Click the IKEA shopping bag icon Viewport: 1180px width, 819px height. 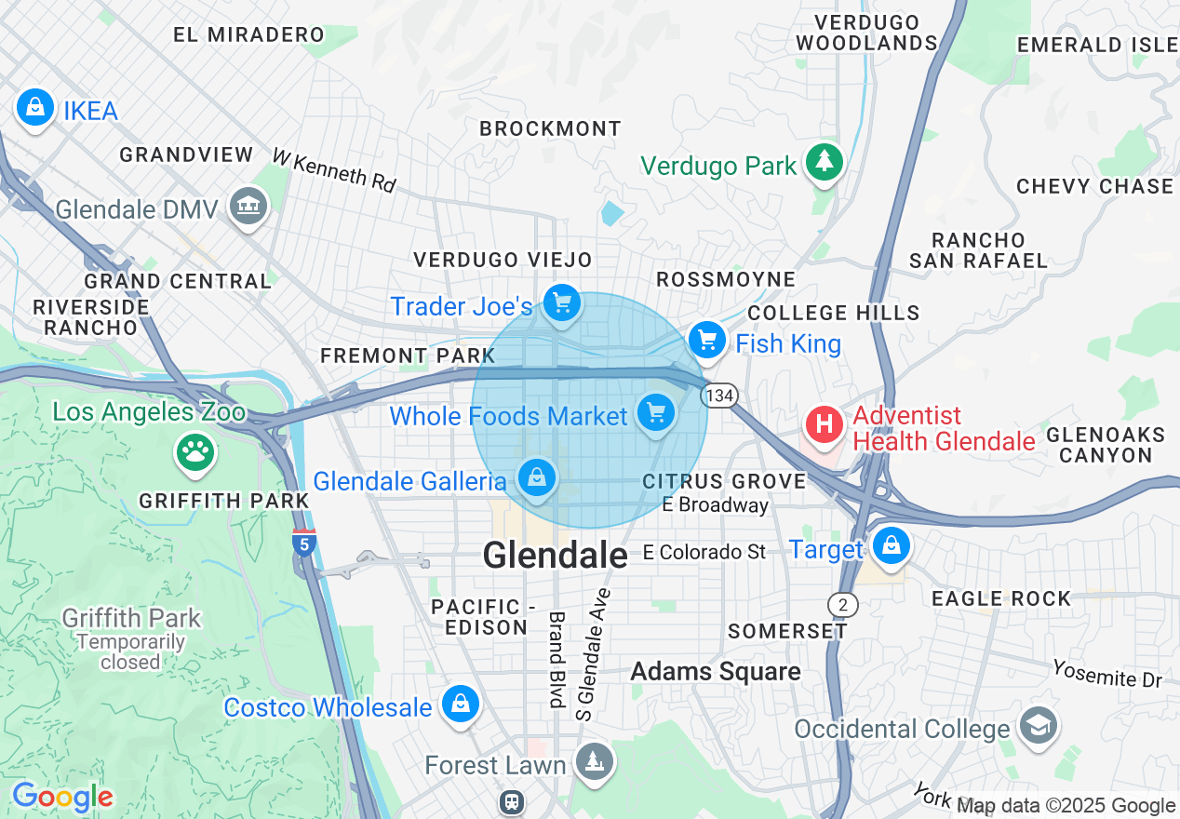34,108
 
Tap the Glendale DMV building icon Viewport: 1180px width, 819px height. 248,206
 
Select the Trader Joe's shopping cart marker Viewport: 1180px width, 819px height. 561,303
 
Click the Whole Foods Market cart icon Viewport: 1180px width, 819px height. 656,412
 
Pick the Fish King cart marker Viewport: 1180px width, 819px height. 708,341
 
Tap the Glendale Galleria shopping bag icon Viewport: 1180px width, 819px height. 537,477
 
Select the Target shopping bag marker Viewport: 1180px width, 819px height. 892,546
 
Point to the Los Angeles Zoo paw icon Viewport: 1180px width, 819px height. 195,453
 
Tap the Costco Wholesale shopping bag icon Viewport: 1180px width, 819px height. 460,705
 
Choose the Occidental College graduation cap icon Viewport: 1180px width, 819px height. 1038,726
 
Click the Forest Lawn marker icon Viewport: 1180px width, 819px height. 593,762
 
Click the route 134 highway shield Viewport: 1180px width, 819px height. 720,396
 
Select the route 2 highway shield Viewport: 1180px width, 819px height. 842,605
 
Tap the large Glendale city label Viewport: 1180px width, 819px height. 555,556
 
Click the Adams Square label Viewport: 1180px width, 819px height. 715,671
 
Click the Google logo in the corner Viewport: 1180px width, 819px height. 62,798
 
